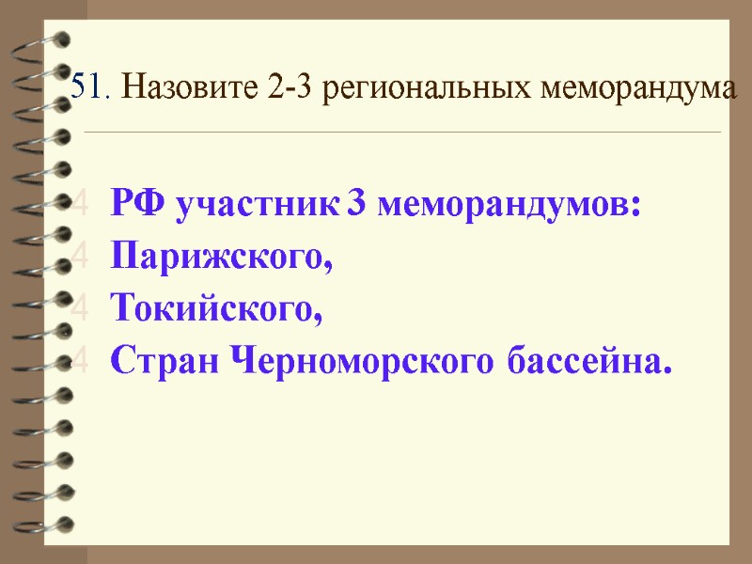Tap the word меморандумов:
pyautogui.click(x=509, y=206)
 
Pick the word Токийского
pyautogui.click(x=215, y=306)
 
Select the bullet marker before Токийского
pyautogui.click(x=82, y=305)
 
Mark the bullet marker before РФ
pyautogui.click(x=82, y=205)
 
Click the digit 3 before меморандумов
pyautogui.click(x=356, y=206)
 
